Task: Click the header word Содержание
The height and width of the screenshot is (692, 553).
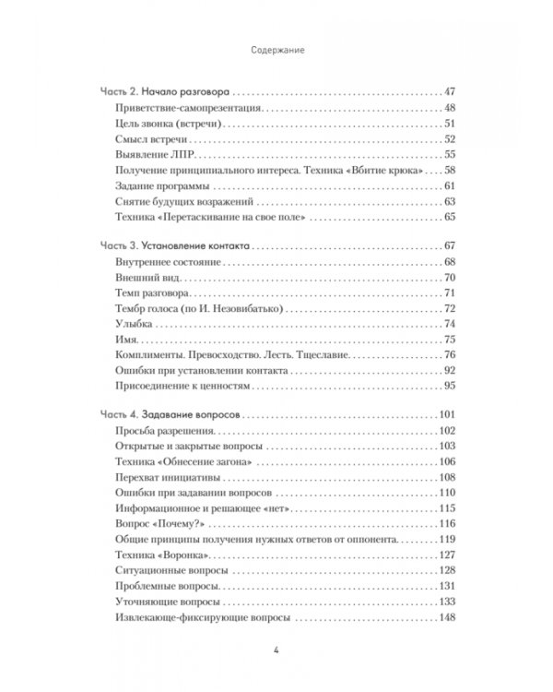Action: coord(276,53)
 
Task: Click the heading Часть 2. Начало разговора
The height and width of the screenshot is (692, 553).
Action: coord(165,93)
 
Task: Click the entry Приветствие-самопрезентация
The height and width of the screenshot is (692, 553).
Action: coord(172,109)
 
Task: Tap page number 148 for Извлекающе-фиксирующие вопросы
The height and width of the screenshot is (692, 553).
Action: coord(448,616)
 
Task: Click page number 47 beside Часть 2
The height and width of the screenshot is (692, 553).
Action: coord(451,93)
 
